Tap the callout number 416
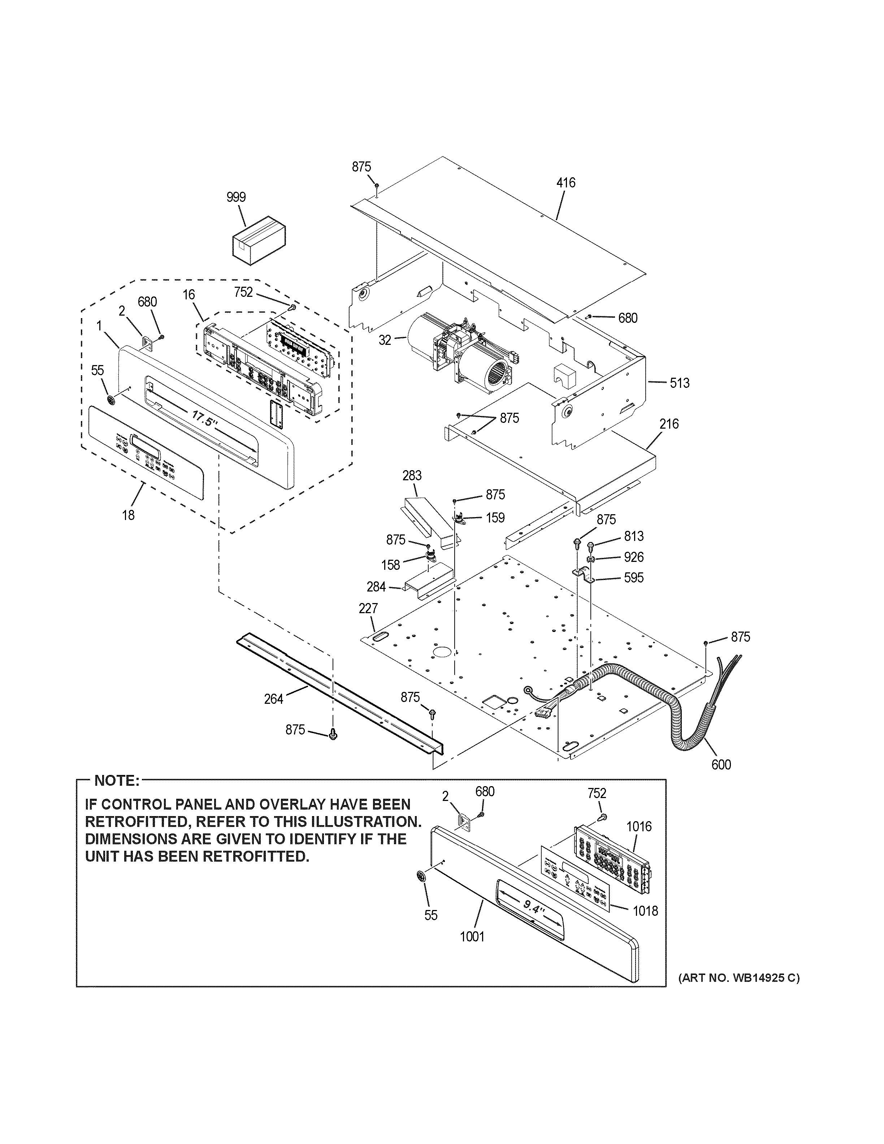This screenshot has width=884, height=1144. [565, 182]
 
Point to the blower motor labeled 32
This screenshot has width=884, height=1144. [461, 354]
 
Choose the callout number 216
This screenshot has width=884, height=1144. [669, 423]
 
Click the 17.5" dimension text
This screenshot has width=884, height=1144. [205, 419]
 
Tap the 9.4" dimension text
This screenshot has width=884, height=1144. [534, 905]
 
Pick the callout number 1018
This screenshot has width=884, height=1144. [645, 911]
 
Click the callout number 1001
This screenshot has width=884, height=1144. [472, 937]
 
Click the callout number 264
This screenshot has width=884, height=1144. [273, 698]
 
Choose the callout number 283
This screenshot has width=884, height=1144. [412, 476]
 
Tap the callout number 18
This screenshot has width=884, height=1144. [128, 515]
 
